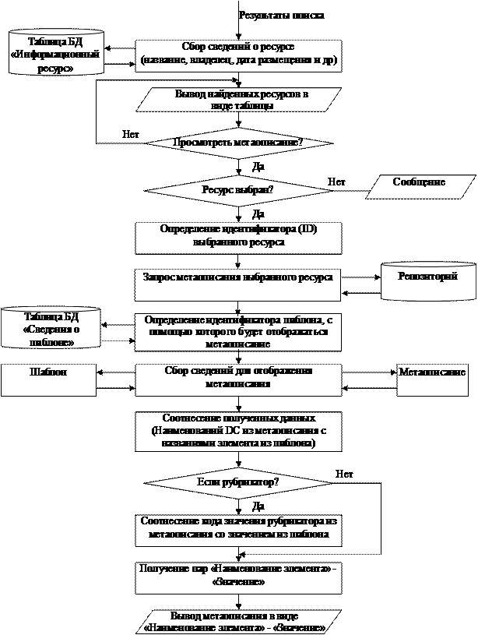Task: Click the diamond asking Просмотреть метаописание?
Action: click(238, 143)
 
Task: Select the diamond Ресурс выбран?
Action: click(238, 189)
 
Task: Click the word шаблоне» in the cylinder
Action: click(51, 342)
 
